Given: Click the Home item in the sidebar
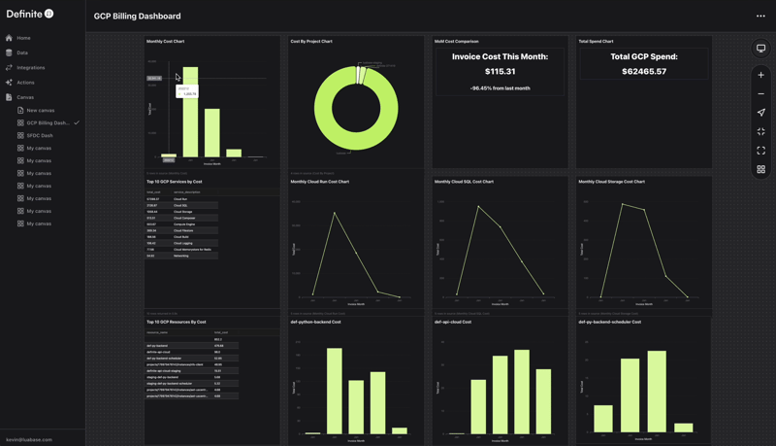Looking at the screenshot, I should (x=23, y=38).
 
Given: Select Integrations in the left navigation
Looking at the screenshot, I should (x=30, y=68).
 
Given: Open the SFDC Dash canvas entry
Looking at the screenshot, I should (x=39, y=136).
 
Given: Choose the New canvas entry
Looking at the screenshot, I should (x=40, y=111).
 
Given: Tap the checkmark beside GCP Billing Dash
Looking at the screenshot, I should (x=77, y=123).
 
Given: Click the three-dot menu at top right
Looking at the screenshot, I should (x=760, y=16).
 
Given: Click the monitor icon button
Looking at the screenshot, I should (x=760, y=49).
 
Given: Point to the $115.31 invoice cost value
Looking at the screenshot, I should (x=500, y=71).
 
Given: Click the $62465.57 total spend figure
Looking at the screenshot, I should (x=643, y=72).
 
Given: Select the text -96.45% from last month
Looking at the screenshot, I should (x=500, y=88).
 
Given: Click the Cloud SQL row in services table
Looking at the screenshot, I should (x=181, y=206).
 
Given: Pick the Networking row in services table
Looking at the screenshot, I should (x=181, y=256).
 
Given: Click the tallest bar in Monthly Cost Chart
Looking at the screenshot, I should (x=191, y=112).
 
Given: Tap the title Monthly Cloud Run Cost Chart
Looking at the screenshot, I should (x=320, y=182).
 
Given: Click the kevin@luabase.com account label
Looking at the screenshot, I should (x=29, y=439).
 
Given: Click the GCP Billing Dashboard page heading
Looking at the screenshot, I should (x=137, y=17).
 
